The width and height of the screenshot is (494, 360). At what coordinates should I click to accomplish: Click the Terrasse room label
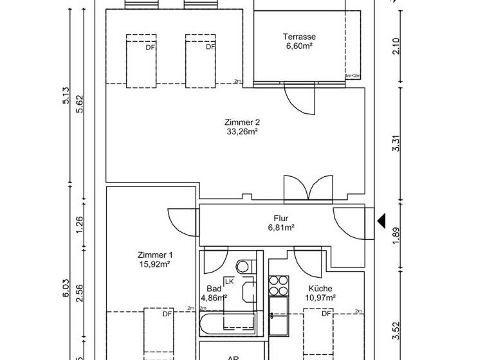point(299,37)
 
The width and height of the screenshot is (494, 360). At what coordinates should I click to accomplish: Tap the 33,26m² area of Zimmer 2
point(242,131)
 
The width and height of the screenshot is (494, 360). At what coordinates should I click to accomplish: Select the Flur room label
point(281,219)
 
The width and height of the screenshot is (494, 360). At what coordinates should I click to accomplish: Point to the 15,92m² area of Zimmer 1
point(155,264)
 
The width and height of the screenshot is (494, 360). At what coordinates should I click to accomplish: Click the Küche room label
point(320,289)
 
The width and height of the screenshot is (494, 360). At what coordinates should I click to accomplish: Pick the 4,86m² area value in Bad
point(213,298)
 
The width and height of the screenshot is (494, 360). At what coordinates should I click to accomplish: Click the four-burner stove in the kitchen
point(278,283)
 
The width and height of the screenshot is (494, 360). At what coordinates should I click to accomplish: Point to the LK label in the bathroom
point(228,281)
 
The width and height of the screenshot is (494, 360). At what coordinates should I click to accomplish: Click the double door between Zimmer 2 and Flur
point(310,189)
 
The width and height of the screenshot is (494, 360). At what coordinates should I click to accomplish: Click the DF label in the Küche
point(326,314)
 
